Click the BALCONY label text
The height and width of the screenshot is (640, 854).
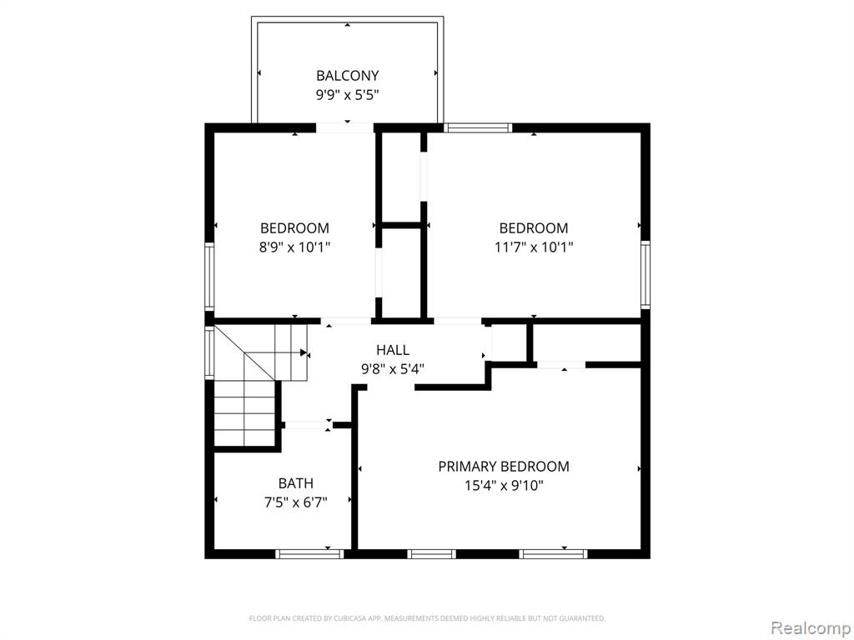348,76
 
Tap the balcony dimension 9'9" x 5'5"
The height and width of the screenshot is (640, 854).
348,95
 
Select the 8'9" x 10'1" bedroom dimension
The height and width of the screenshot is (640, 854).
294,247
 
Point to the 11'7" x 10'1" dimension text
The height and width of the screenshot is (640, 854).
534,247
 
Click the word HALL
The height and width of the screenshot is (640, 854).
393,350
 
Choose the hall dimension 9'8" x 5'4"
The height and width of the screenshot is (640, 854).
393,369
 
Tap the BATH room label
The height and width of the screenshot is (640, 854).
296,483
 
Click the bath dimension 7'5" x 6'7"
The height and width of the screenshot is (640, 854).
296,502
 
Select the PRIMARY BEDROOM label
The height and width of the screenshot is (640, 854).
504,467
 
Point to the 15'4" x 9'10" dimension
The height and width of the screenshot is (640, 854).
504,486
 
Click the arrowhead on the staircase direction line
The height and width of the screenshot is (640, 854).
304,352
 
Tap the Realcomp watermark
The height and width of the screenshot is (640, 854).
811,628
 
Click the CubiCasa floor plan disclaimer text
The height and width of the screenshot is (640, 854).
427,618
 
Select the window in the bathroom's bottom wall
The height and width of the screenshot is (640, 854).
309,554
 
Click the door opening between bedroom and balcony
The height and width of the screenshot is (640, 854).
344,127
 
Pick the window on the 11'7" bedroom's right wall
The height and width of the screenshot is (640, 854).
646,275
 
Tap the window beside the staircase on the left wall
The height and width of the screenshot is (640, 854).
209,352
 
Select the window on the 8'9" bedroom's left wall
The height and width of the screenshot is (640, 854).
209,277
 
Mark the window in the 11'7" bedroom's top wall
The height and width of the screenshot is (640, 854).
478,127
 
